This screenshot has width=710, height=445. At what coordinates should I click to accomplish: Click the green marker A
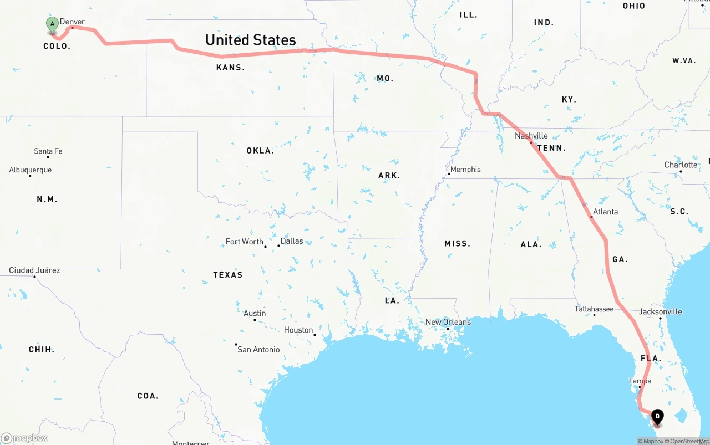(52, 24)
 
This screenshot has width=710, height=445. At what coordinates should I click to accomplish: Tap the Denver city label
(73, 22)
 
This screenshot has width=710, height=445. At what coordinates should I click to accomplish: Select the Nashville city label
(531, 136)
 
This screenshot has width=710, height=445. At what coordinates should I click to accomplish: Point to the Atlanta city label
(605, 212)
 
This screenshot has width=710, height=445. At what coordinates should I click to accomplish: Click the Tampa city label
(640, 381)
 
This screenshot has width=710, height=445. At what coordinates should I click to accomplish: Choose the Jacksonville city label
(660, 311)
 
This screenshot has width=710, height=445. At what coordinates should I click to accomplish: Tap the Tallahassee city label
(594, 309)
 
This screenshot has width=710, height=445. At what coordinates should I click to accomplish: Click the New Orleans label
(448, 322)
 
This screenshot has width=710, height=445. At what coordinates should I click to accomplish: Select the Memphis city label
(465, 170)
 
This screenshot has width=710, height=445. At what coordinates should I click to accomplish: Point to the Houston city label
(298, 330)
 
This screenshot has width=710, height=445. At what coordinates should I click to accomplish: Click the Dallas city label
(292, 241)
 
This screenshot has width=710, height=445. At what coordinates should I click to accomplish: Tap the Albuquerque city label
(31, 170)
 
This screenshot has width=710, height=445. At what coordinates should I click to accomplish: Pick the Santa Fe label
(48, 151)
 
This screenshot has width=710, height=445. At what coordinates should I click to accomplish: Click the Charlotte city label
(681, 165)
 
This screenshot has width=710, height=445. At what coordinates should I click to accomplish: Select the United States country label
(251, 40)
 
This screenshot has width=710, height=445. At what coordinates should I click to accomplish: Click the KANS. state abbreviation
(230, 68)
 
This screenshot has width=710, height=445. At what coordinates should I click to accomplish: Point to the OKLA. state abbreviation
(260, 151)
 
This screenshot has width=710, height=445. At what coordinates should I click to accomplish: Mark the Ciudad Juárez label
(34, 270)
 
